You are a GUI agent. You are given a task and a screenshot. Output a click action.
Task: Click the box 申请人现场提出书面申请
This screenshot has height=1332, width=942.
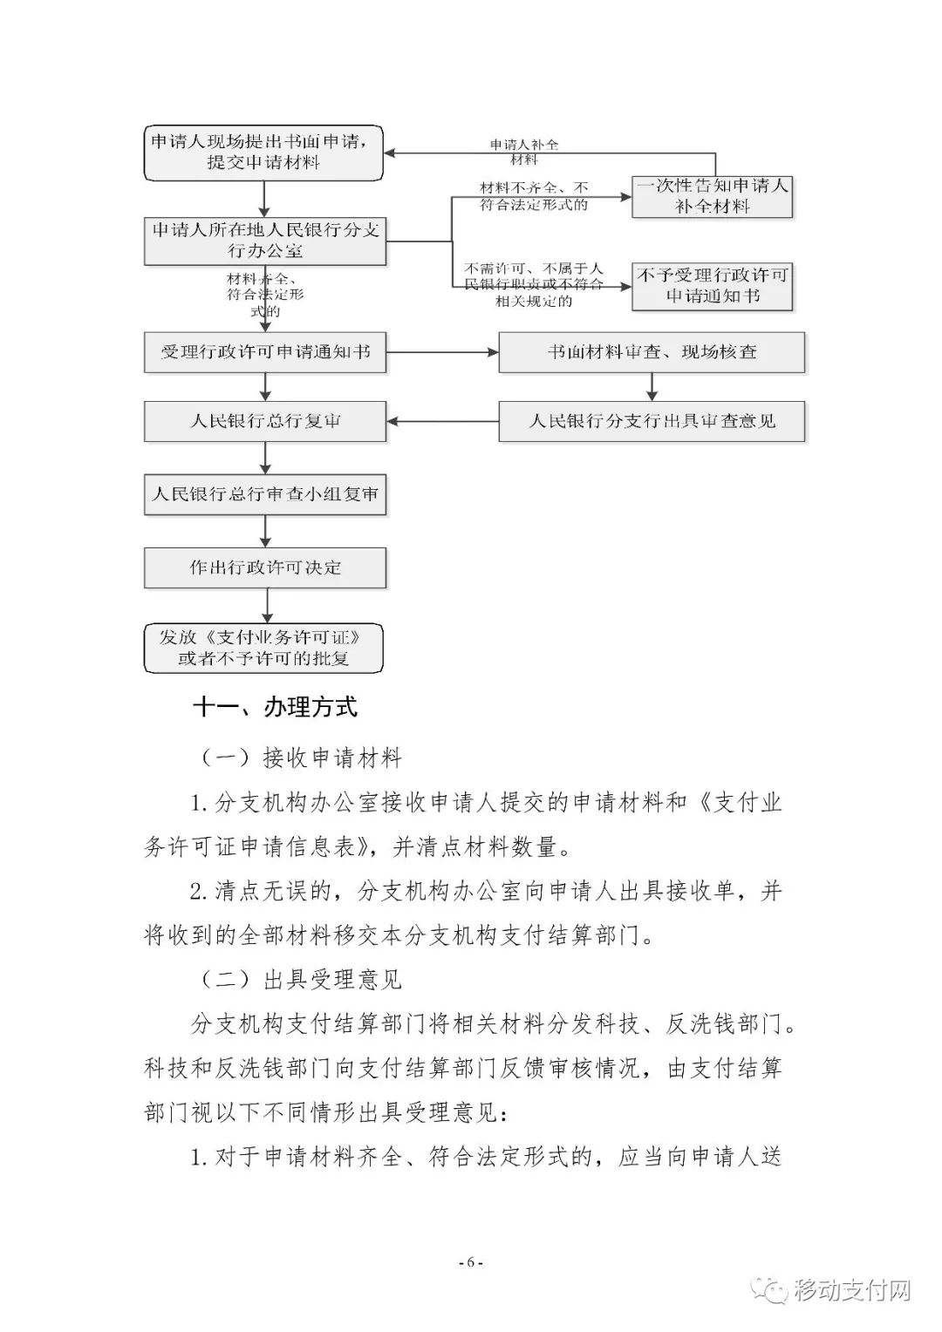click(x=264, y=152)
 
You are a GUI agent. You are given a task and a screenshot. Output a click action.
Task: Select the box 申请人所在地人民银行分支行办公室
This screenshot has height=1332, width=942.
click(x=264, y=241)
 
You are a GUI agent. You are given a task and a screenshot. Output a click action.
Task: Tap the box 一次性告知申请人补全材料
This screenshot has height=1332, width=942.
click(x=712, y=195)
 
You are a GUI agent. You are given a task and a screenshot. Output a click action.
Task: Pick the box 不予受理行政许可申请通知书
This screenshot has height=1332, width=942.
click(x=712, y=285)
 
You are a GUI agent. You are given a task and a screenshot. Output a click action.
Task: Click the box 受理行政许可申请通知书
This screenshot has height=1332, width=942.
click(x=264, y=352)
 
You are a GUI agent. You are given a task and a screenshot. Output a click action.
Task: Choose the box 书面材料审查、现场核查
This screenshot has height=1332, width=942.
click(x=652, y=352)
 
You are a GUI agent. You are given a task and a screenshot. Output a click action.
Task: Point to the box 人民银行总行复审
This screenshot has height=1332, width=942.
click(x=264, y=421)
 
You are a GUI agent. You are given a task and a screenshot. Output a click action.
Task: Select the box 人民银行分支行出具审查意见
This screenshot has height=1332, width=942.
click(x=652, y=421)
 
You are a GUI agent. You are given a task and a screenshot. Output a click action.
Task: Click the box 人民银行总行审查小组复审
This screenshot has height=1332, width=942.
click(x=264, y=494)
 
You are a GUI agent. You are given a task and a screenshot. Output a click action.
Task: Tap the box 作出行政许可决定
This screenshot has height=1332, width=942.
click(x=264, y=567)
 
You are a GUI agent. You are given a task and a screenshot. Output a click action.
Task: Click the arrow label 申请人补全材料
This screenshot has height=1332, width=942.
click(x=523, y=152)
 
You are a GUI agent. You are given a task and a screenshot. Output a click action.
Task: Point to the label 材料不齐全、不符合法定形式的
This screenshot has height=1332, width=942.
click(x=534, y=196)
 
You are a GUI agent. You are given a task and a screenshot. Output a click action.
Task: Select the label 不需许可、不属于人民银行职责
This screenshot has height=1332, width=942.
click(x=534, y=285)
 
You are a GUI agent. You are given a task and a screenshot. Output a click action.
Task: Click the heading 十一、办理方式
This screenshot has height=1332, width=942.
click(x=275, y=706)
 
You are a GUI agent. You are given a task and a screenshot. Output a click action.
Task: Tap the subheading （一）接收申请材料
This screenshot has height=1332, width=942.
click(x=301, y=758)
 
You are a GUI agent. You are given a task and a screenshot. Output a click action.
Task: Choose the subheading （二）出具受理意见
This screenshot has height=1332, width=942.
click(x=301, y=979)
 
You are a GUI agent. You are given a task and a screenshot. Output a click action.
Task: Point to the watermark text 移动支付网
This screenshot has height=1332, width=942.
click(x=852, y=1289)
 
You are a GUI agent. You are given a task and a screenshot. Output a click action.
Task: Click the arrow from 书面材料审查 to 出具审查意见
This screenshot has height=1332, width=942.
click(x=652, y=386)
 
